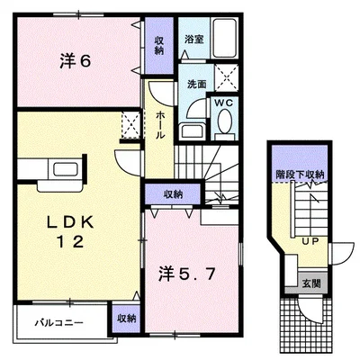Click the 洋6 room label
[76, 61]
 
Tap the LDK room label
[70, 222]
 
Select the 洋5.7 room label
[186, 274]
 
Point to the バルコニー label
[58, 323]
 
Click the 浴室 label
[193, 39]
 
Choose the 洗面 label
[197, 85]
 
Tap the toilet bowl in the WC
[225, 121]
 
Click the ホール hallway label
[160, 125]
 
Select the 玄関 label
[311, 283]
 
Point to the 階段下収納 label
[300, 175]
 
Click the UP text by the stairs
[310, 241]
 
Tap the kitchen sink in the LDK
[66, 169]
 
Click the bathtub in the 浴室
[225, 38]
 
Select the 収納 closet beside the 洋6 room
[159, 45]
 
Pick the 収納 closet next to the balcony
[126, 319]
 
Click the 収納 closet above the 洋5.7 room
[173, 194]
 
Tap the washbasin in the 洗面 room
[193, 130]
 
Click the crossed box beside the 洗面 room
[227, 77]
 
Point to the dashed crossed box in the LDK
[130, 124]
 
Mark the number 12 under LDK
[70, 242]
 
